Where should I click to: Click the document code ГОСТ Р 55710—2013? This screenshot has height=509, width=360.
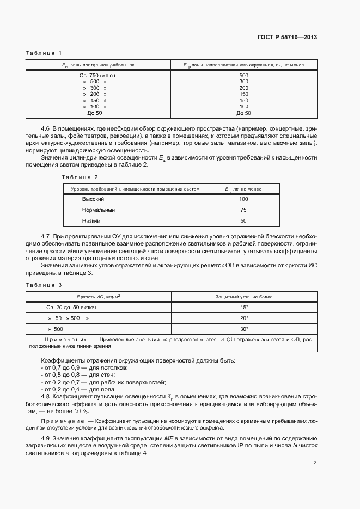point(287,38)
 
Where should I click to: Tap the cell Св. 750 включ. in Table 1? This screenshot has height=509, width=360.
point(98,75)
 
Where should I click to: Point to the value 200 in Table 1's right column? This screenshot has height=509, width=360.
point(243,88)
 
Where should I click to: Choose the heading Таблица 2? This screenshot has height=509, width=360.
point(80,177)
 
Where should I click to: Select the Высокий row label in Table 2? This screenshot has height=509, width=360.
point(93,199)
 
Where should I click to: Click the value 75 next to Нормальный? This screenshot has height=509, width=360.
point(243,210)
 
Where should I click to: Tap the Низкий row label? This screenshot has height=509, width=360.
point(91,221)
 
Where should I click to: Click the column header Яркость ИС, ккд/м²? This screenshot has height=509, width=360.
point(99,297)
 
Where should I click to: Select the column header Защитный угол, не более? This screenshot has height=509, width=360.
point(243,297)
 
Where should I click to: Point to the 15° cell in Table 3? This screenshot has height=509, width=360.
point(243,307)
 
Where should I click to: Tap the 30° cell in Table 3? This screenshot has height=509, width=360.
point(243,329)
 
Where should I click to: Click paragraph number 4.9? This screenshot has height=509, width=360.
point(45,438)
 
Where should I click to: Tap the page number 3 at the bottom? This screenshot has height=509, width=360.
point(315,463)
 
